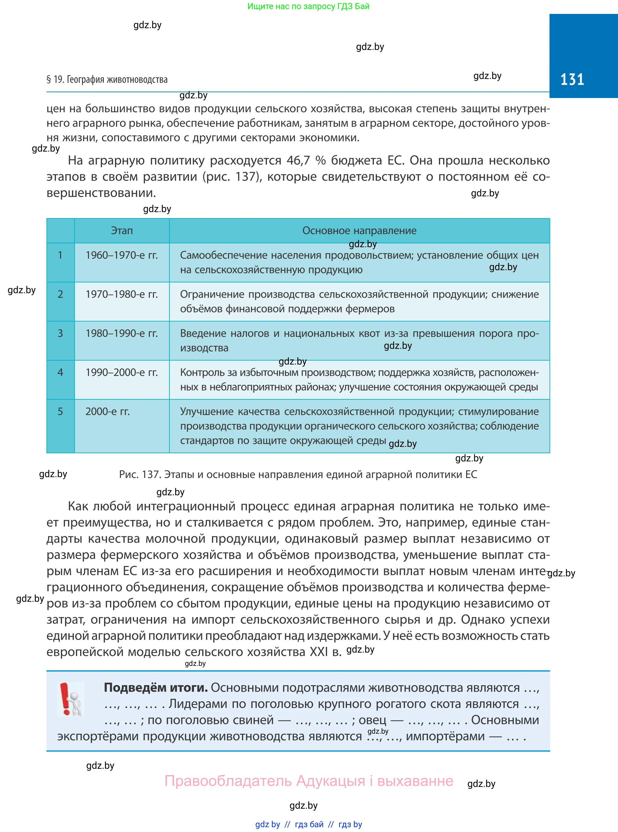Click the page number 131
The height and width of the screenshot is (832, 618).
point(572,79)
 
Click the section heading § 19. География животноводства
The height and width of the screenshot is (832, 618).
point(107,79)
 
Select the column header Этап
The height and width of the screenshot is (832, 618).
point(122,231)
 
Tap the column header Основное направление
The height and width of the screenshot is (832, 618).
point(359,231)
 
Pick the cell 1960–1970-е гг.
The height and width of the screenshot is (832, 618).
point(122,255)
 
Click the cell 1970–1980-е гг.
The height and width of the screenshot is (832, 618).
point(122,294)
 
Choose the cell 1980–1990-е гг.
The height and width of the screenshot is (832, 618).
point(122,333)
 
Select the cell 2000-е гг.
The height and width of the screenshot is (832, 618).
point(107,411)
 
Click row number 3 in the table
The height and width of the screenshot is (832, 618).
point(60,333)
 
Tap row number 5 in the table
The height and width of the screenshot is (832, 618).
point(60,411)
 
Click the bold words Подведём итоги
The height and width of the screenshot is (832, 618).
point(155,688)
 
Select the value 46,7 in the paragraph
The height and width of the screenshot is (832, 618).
point(298,160)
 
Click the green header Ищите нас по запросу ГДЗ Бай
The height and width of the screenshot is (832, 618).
point(308,6)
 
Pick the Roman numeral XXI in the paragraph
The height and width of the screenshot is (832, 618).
point(319,652)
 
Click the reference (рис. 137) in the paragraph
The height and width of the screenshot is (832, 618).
point(232,177)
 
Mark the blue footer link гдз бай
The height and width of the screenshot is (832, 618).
point(309,824)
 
